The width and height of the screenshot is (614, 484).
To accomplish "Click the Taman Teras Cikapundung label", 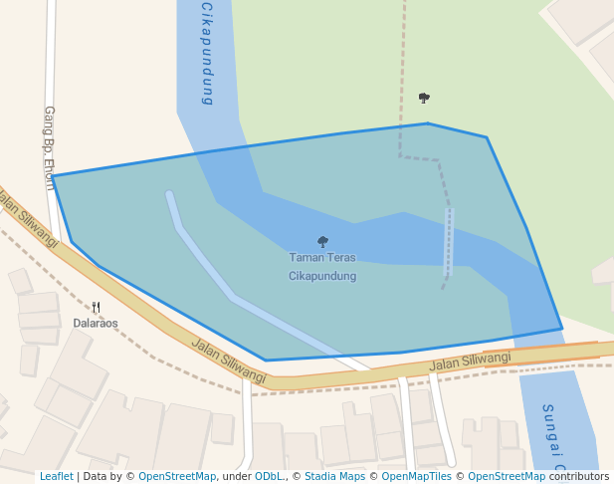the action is tap(322, 266).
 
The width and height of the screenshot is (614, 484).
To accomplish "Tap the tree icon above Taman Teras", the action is tap(322, 241).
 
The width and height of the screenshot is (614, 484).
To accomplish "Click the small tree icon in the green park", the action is tap(424, 98).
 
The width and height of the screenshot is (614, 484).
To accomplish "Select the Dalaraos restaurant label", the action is tap(96, 323).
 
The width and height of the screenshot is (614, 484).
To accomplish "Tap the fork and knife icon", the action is tap(96, 308).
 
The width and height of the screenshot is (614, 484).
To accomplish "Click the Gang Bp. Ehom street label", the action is tap(49, 147).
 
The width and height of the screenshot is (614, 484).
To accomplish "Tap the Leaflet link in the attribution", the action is tap(57, 476).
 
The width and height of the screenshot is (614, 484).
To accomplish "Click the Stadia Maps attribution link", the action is tap(334, 476).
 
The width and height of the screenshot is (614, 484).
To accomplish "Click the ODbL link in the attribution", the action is tap(269, 476).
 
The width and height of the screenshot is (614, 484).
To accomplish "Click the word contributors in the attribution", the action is tap(577, 476).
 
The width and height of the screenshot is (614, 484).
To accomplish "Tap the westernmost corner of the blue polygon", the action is tap(53, 176).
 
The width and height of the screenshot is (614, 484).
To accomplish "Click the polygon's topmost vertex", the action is tap(428, 123).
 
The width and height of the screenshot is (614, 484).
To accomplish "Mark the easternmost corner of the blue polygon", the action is tap(562, 328).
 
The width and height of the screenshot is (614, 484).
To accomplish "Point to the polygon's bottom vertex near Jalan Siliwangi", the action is tap(266, 361).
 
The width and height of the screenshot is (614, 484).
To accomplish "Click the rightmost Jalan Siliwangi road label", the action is tap(470, 362).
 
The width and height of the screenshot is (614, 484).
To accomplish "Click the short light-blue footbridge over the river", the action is tap(448, 241).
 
